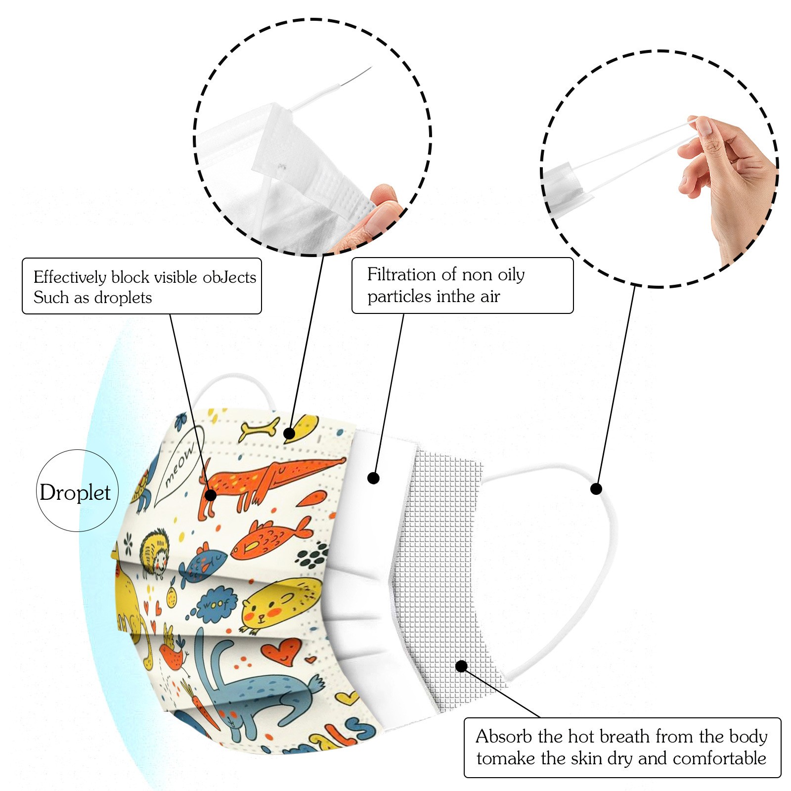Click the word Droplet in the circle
tap(75, 492)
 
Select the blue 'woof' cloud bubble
tap(213, 604)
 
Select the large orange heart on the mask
tap(281, 652)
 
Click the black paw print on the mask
tap(312, 554)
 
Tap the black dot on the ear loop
tap(596, 489)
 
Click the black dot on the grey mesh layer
tap(461, 666)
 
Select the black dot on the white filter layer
tap(374, 478)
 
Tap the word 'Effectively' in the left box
tap(70, 277)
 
